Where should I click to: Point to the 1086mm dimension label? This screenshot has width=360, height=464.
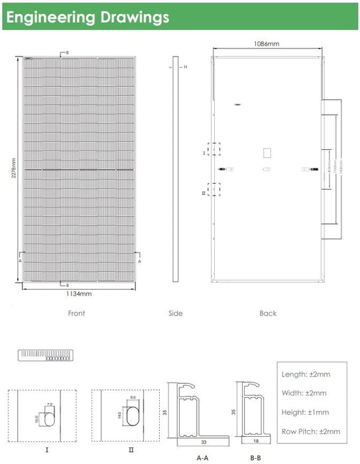tap(267, 44)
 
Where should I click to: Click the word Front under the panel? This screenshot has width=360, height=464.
tap(76, 314)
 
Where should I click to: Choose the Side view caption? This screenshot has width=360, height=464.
tap(175, 314)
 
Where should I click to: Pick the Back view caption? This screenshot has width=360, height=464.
tap(268, 314)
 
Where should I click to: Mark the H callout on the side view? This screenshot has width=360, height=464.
tap(186, 67)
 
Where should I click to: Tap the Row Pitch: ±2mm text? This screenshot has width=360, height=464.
tap(310, 432)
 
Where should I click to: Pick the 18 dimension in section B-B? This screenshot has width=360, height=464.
tap(255, 439)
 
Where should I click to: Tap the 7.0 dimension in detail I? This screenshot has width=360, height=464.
tap(50, 404)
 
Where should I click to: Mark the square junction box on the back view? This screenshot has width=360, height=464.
tap(267, 152)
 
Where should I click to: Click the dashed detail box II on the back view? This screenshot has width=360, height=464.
tap(213, 190)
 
